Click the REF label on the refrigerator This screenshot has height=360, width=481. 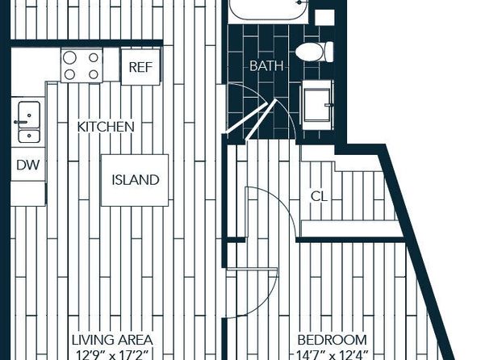pyautogui.click(x=140, y=67)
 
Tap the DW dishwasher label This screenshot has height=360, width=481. pyautogui.click(x=28, y=165)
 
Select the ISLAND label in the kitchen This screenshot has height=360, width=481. pyautogui.click(x=136, y=180)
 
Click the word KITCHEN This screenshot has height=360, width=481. pyautogui.click(x=106, y=127)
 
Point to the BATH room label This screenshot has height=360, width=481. pyautogui.click(x=266, y=65)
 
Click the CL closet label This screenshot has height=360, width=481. pyautogui.click(x=319, y=196)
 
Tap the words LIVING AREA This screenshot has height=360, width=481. pyautogui.click(x=112, y=340)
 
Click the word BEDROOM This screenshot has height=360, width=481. pyautogui.click(x=333, y=340)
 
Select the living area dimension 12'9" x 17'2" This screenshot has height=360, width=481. pyautogui.click(x=112, y=355)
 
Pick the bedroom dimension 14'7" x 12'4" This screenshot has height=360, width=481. pyautogui.click(x=333, y=355)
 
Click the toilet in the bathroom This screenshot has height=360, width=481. pyautogui.click(x=314, y=52)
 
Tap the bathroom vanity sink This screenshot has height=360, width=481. pyautogui.click(x=317, y=105)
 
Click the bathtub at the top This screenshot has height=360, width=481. pyautogui.click(x=268, y=9)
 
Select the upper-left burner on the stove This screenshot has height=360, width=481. pyautogui.click(x=69, y=57)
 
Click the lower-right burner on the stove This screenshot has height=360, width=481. pyautogui.click(x=94, y=74)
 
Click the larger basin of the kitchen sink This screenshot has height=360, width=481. pyautogui.click(x=29, y=115)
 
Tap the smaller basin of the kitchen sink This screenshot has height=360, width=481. pyautogui.click(x=29, y=136)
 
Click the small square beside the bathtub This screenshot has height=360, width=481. pyautogui.click(x=324, y=18)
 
